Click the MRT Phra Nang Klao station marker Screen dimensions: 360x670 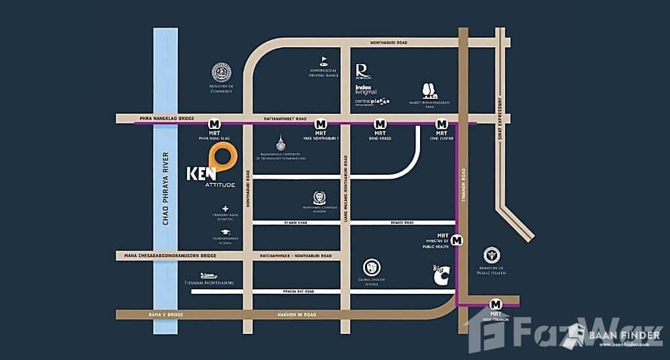click(x=213, y=124)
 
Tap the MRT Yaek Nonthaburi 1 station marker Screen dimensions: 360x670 click(x=321, y=124)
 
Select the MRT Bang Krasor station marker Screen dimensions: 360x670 click(x=379, y=124)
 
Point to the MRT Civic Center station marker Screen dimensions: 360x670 click(x=442, y=124)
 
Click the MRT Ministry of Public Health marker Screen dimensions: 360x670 click(x=457, y=240)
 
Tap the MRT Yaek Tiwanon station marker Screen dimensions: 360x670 click(x=495, y=304)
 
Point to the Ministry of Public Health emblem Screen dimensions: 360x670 click(x=491, y=256)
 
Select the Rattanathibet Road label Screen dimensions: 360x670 click(x=285, y=119)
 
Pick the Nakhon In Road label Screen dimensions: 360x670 click(x=297, y=315)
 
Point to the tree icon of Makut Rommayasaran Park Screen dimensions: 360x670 click(x=430, y=92)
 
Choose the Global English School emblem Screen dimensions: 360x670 click(x=371, y=267)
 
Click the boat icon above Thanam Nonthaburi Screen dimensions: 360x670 click(x=208, y=276)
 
